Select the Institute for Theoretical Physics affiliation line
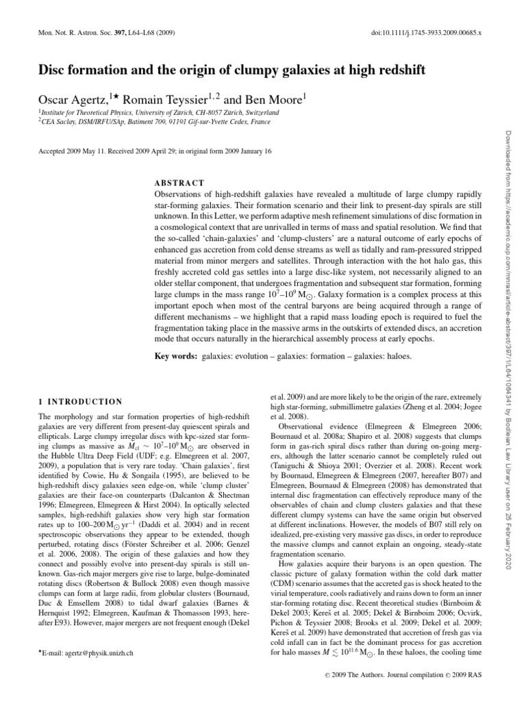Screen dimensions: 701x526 pos(147,110)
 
